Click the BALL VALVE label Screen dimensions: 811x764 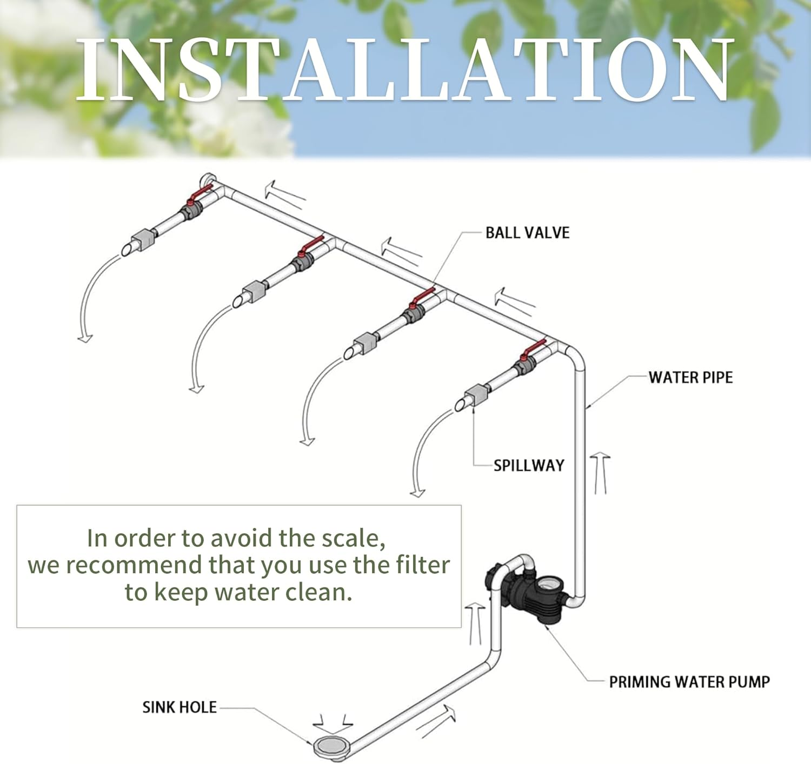click(x=527, y=233)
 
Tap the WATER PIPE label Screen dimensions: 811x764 click(x=690, y=378)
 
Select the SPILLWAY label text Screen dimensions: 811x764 click(x=529, y=466)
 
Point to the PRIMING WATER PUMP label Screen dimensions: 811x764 click(x=689, y=682)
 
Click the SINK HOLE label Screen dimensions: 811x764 click(x=180, y=707)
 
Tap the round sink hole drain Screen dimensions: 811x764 click(x=330, y=747)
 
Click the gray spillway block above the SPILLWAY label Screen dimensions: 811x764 click(x=477, y=394)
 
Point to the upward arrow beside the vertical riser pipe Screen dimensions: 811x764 click(x=600, y=473)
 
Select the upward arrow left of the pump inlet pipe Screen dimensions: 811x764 click(x=475, y=623)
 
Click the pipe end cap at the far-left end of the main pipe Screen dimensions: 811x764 click(x=208, y=180)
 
